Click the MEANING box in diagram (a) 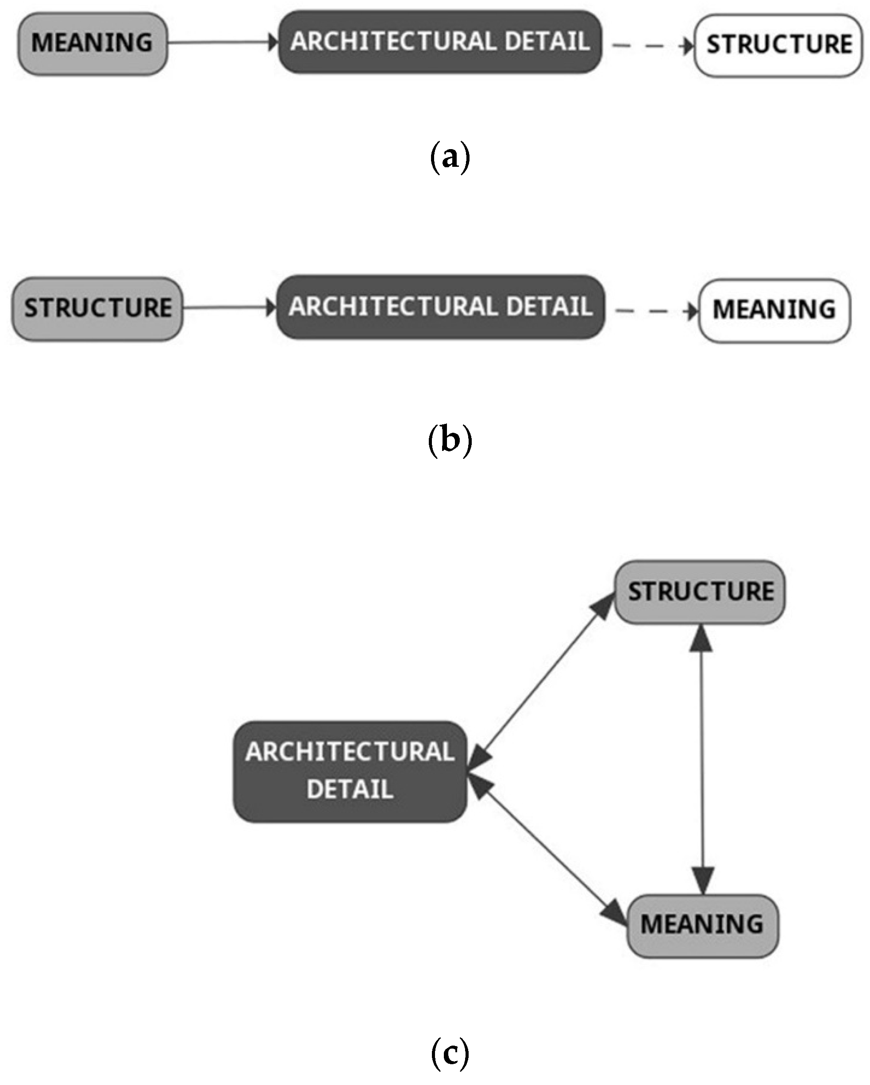click(92, 43)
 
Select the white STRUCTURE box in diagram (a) click(778, 45)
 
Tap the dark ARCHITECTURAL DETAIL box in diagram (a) click(440, 42)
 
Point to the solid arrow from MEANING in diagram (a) click(221, 43)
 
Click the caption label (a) click(450, 158)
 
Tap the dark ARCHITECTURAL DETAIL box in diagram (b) click(440, 307)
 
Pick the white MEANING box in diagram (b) click(774, 311)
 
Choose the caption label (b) click(450, 440)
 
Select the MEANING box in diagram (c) click(702, 924)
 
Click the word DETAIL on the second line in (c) click(350, 789)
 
